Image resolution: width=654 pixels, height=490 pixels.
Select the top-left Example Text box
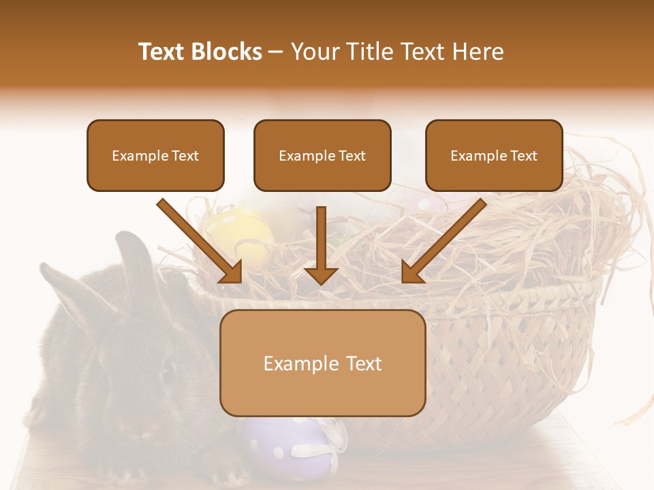coord(155,156)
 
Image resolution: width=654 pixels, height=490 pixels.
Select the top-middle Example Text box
coord(322,156)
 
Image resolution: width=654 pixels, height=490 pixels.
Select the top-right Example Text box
coord(494,156)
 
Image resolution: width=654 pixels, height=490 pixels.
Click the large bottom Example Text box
coord(323,363)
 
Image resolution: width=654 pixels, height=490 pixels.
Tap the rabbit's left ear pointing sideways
coord(68,286)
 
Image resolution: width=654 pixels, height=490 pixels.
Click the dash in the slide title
coord(276,52)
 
